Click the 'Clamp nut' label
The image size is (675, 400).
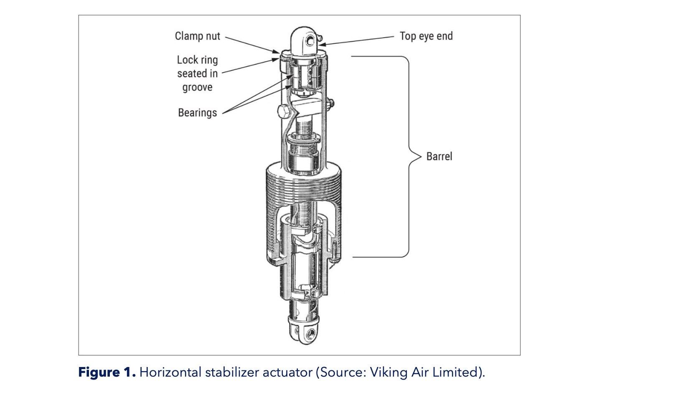(x=197, y=36)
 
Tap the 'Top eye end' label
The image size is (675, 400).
(x=426, y=36)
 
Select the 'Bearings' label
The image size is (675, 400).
(x=197, y=113)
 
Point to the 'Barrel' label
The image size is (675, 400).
(x=439, y=157)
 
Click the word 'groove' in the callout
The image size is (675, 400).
(x=197, y=87)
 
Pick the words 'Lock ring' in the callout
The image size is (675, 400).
(x=197, y=60)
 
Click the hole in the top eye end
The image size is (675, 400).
(x=310, y=41)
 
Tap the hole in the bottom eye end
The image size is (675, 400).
(x=310, y=334)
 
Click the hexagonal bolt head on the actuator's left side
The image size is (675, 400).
(x=283, y=112)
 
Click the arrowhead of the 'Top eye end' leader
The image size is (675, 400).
(x=321, y=44)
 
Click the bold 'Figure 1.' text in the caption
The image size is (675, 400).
(x=107, y=372)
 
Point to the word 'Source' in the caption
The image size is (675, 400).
(x=340, y=372)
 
